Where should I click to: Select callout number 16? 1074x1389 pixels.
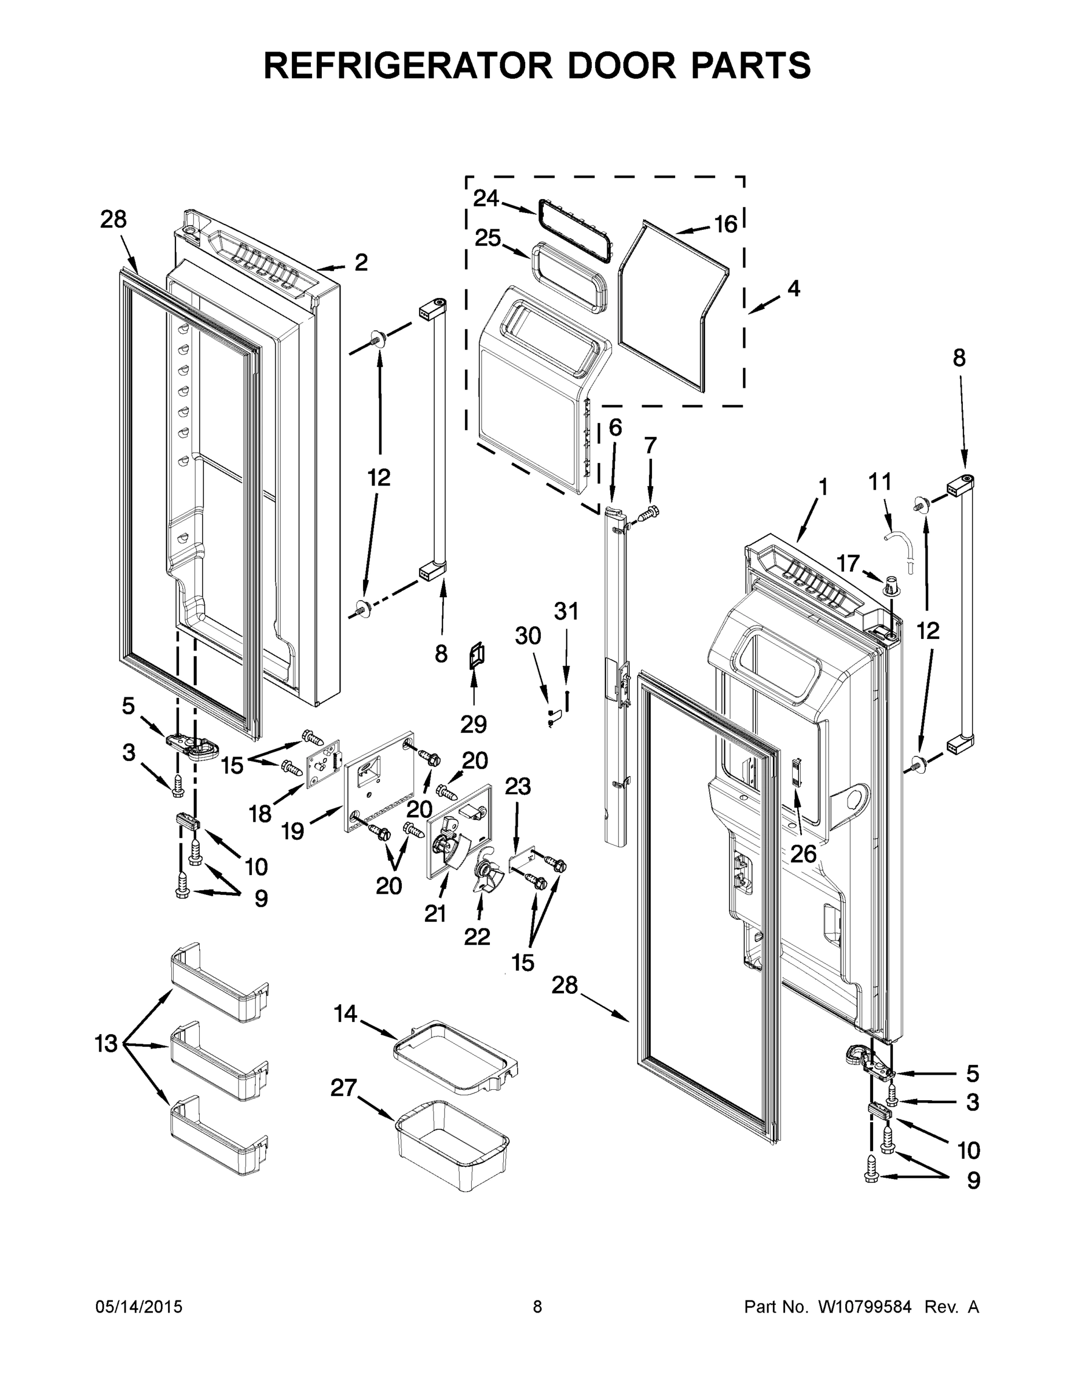725,224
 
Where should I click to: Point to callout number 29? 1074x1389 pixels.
474,724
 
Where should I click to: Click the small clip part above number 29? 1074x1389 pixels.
475,655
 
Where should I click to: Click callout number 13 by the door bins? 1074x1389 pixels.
107,1043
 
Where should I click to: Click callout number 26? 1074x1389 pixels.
803,854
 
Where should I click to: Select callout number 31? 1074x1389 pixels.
566,611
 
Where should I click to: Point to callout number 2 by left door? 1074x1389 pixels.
361,262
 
